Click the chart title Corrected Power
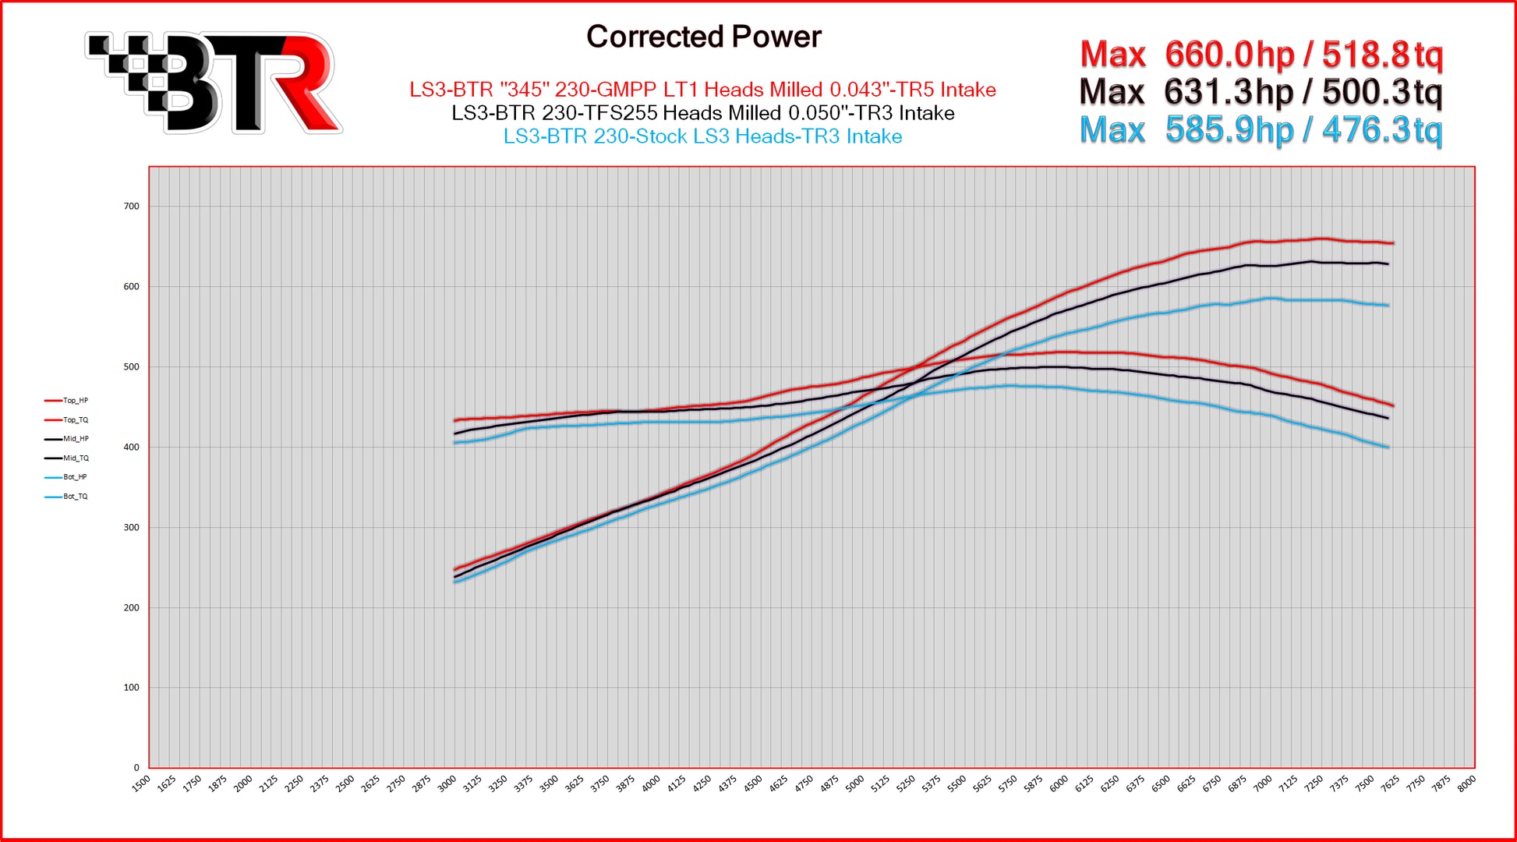click(x=703, y=37)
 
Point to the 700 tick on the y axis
click(x=131, y=207)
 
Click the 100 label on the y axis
click(x=131, y=688)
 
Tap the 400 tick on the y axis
click(x=131, y=448)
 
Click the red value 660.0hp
click(x=1229, y=55)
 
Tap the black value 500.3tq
click(x=1382, y=92)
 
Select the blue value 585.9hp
click(x=1229, y=129)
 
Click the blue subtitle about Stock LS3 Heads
click(x=702, y=136)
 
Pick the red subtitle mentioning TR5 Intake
click(x=702, y=90)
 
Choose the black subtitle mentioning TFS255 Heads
click(x=702, y=113)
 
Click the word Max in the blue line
click(x=1112, y=129)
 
